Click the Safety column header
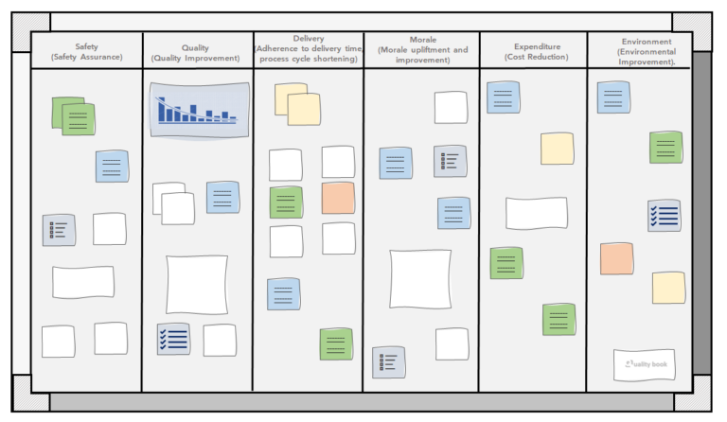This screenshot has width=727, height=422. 86,52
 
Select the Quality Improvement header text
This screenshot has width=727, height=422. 196,53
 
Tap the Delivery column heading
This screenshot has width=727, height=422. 309,49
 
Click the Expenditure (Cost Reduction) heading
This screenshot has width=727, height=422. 537,52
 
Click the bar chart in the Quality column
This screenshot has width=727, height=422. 199,109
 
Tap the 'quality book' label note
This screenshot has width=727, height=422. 645,364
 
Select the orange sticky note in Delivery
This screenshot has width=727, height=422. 338,199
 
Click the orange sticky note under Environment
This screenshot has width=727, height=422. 616,258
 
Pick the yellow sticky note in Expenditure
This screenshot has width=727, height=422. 557,149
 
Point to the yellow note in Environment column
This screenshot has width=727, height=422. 668,288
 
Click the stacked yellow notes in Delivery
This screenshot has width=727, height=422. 297,104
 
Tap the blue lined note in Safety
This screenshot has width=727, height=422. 112,167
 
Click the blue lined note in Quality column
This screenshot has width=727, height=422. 222,197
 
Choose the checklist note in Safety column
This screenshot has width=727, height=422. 58,230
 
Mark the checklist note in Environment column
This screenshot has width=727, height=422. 665,216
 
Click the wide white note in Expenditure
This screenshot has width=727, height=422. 536,213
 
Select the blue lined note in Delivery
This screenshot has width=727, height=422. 283,294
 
